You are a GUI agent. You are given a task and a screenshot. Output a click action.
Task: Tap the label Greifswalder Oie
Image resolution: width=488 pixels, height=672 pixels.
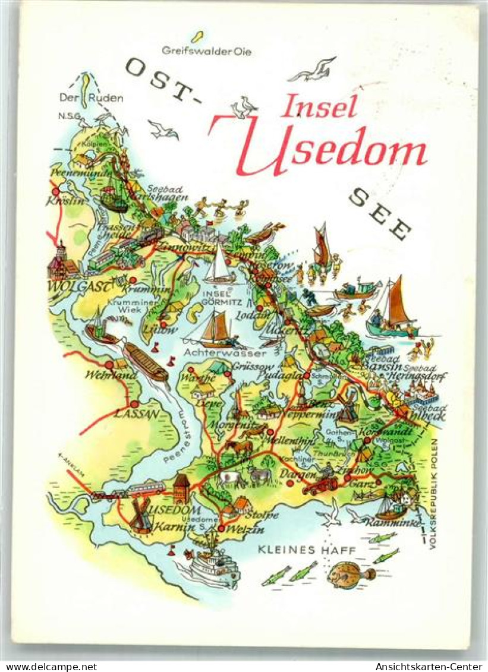click(x=207, y=52)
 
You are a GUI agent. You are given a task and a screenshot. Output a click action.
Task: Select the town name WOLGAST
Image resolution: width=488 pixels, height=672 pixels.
click(x=79, y=288)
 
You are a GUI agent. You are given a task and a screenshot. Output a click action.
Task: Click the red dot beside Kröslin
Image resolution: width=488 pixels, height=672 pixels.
click(x=55, y=192)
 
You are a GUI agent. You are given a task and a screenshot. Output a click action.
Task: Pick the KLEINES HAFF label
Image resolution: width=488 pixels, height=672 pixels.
click(x=307, y=551)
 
